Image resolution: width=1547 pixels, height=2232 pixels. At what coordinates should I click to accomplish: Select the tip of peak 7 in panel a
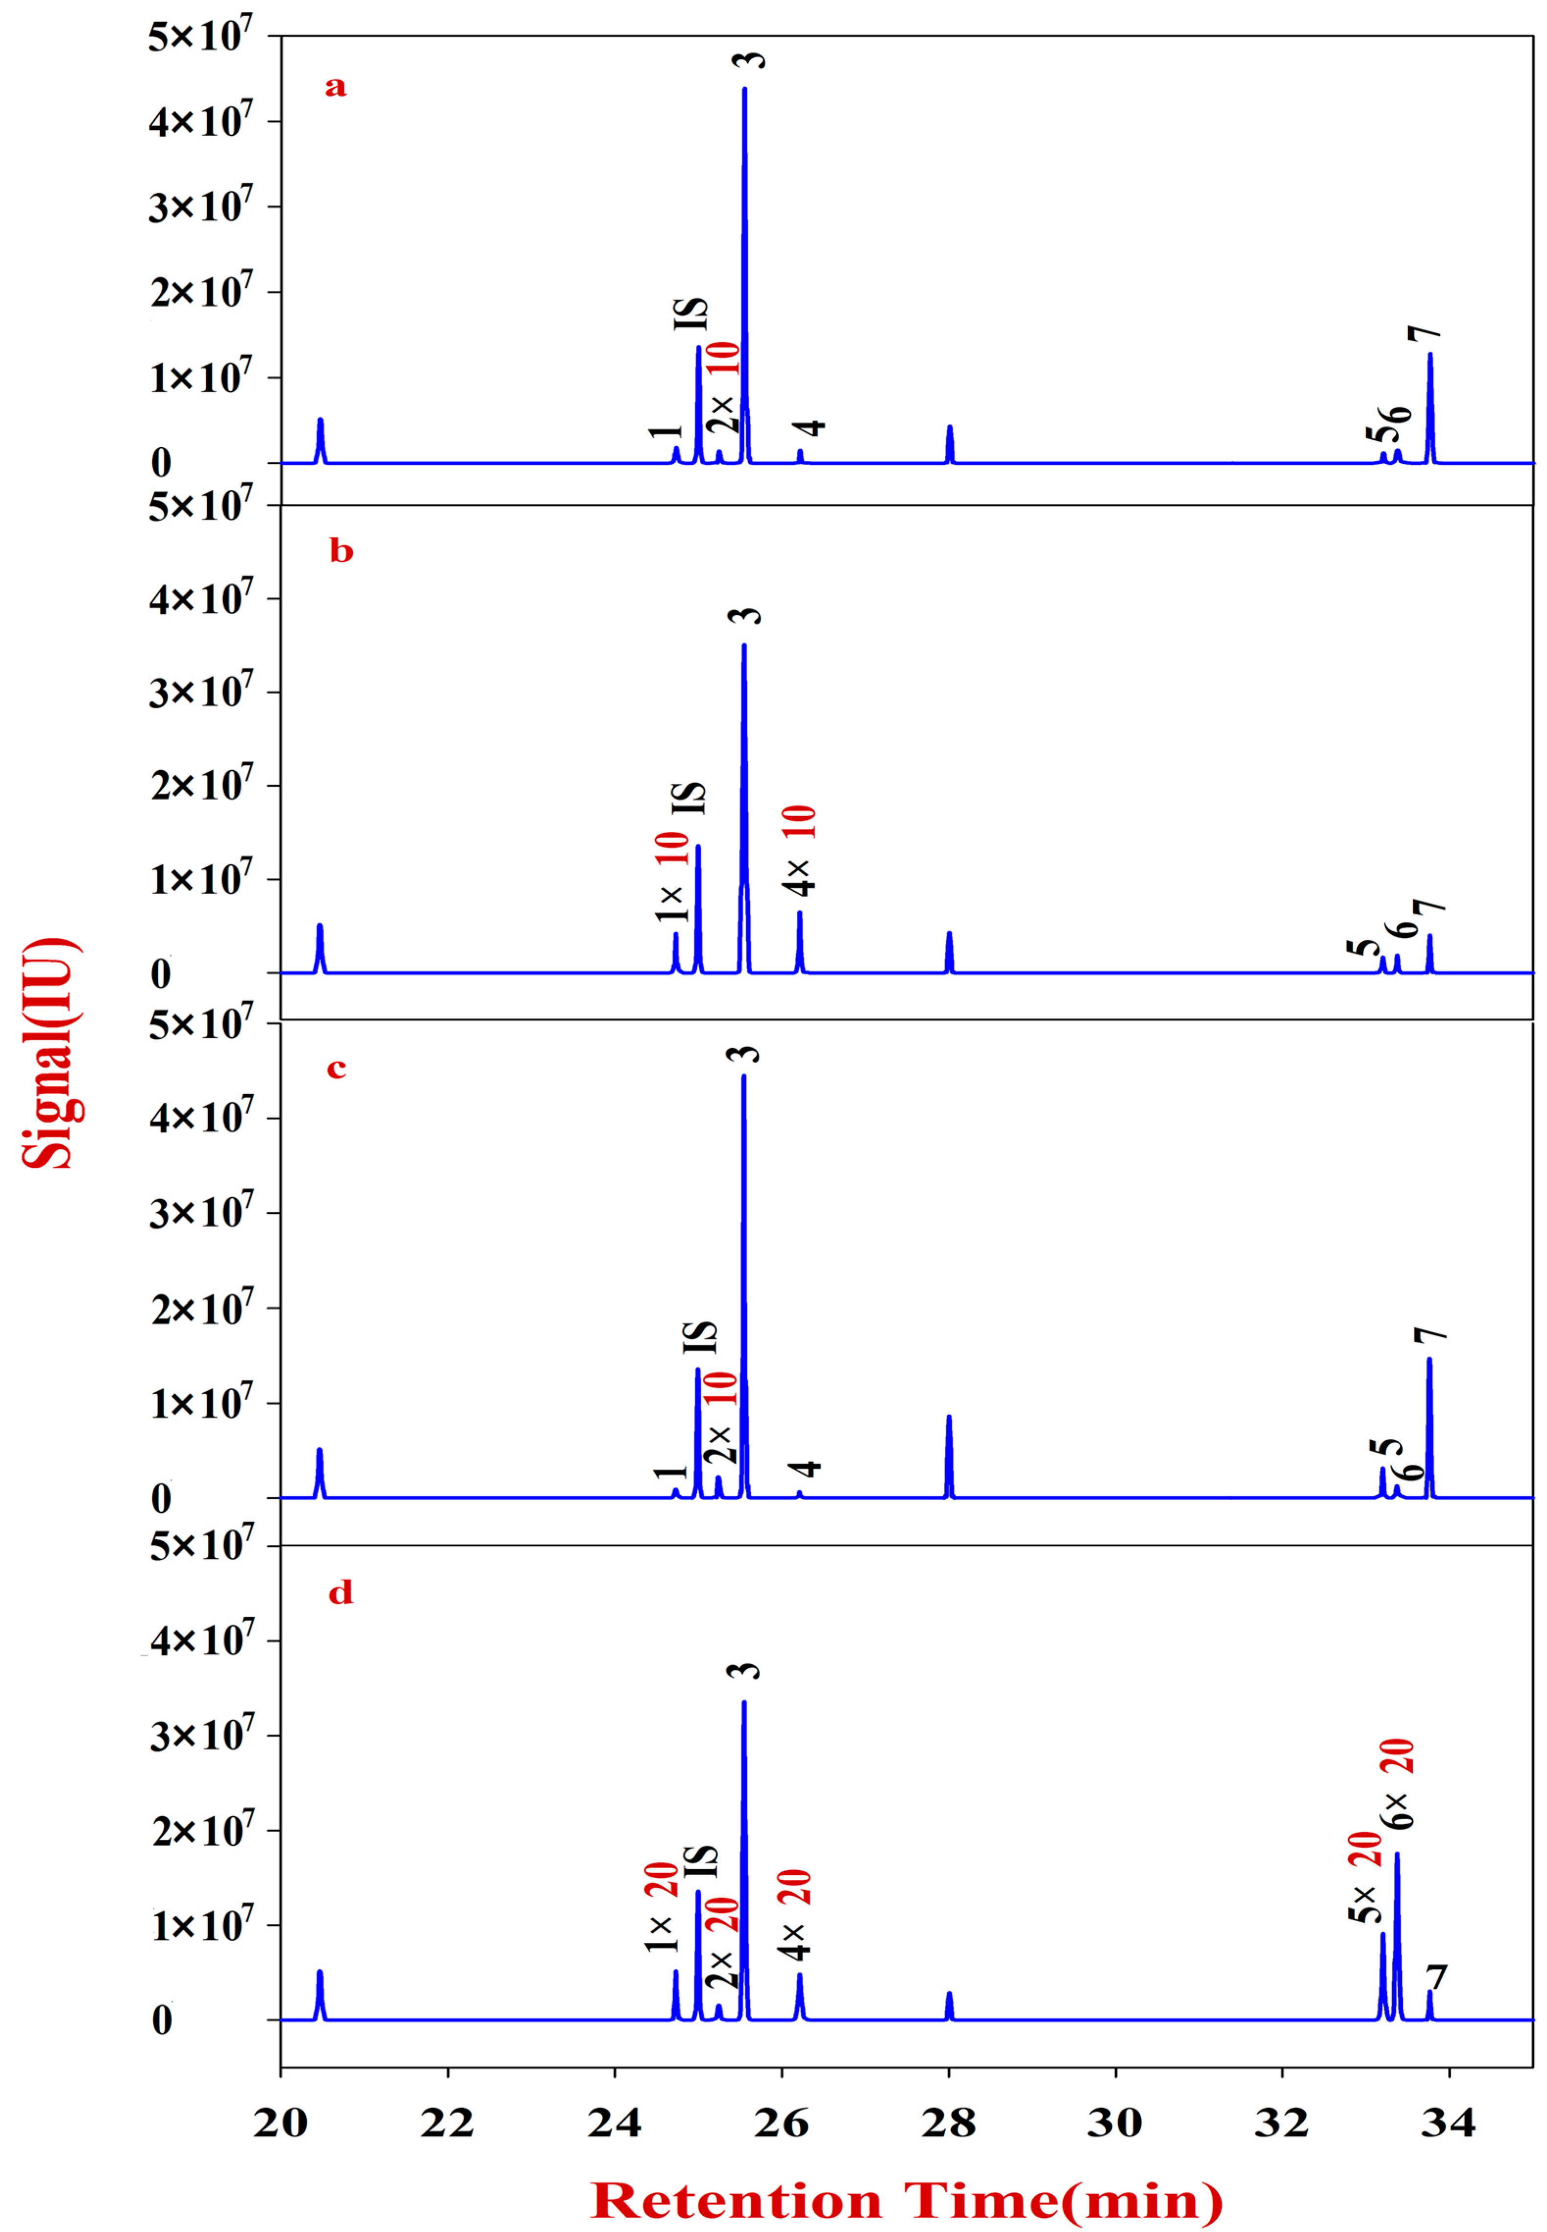[x=1430, y=355]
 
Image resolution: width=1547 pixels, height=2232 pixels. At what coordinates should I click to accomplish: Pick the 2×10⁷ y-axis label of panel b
[x=201, y=785]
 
